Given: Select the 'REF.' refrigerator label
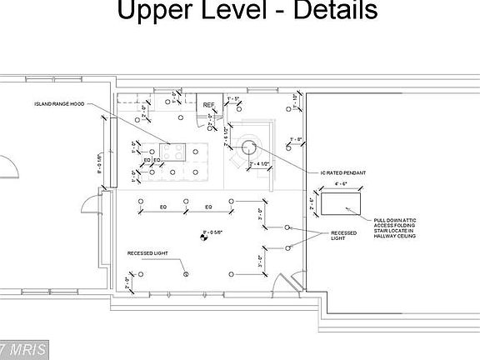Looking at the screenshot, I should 209,105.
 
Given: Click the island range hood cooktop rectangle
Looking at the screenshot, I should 173,151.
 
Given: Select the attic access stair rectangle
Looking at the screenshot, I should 340,203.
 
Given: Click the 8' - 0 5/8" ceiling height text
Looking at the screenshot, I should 215,232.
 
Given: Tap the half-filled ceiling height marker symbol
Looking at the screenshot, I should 202,237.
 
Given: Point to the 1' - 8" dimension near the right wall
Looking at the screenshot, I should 294,139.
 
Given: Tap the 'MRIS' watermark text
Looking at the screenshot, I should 25,347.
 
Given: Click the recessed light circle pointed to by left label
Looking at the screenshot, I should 187,273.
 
